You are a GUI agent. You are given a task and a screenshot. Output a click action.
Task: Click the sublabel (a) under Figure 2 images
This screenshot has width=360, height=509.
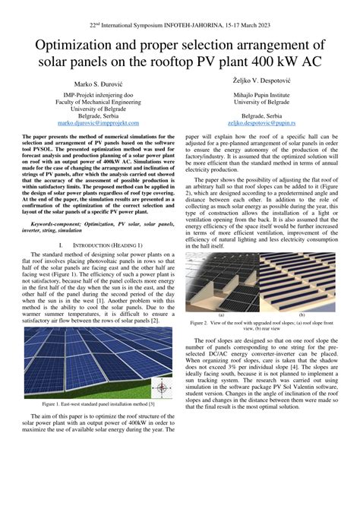click(x=221, y=313)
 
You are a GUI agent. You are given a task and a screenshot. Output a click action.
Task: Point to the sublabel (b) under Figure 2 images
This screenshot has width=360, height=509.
click(x=302, y=313)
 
